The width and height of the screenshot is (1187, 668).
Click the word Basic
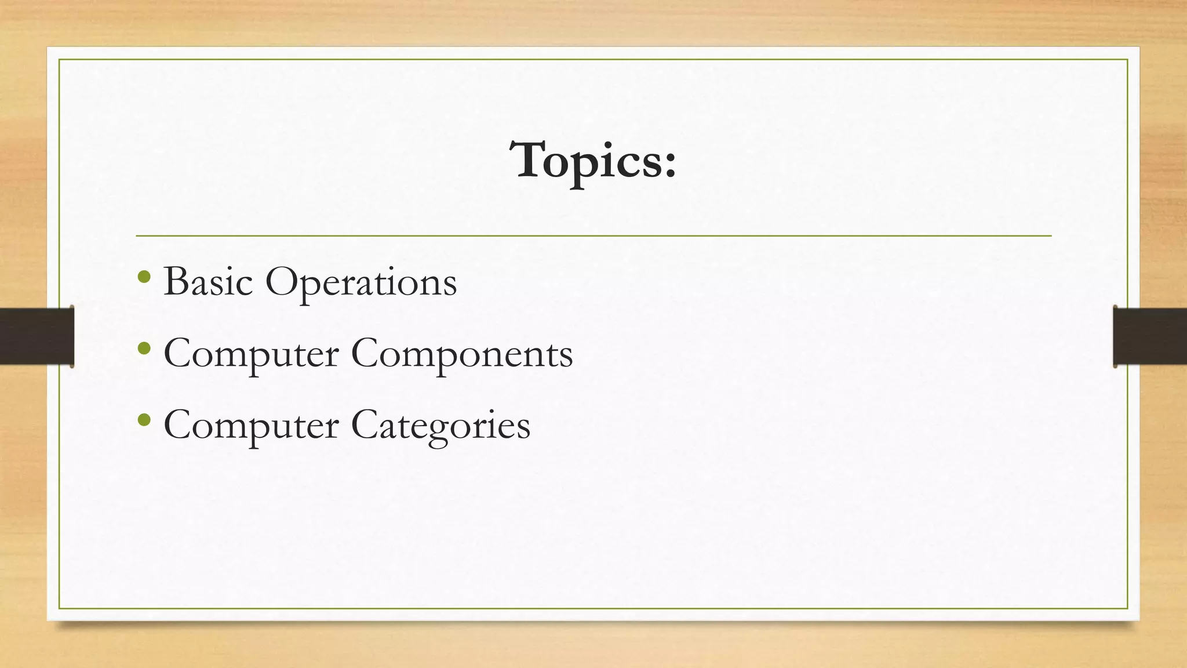coord(208,282)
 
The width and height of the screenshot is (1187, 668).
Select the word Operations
coord(361,283)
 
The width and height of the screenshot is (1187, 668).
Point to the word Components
coord(462,354)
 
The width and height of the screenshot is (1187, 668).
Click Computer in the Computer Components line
coord(251,354)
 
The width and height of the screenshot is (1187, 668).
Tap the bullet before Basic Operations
coord(145,278)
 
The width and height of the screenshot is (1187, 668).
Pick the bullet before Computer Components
coord(145,349)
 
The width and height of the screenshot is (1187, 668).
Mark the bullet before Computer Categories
coord(145,420)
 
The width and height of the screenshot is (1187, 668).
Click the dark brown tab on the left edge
coord(37,336)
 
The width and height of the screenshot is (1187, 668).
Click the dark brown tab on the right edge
coord(1150,336)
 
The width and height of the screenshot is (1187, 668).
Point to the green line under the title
coord(593,236)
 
